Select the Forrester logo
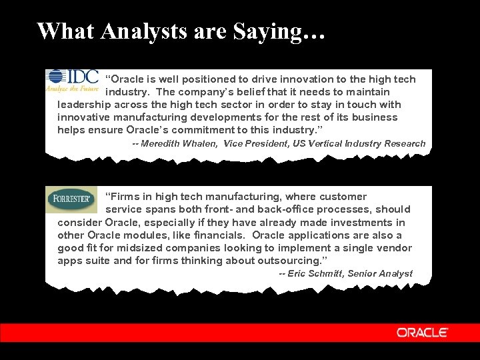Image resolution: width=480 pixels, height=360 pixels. coord(71,199)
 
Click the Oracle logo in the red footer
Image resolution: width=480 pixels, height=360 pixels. coord(423,333)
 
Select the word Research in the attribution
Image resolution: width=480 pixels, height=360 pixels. coord(402,143)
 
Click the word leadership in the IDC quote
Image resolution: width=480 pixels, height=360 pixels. coord(85,105)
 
